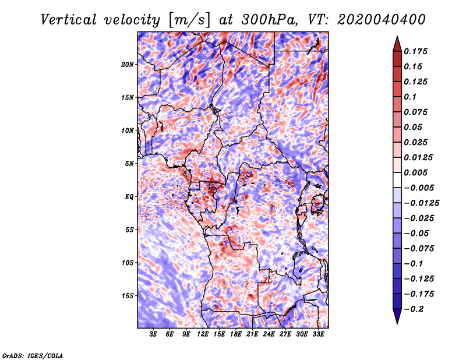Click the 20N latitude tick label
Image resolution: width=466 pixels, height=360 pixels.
click(128, 65)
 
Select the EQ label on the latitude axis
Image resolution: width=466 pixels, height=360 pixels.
click(129, 197)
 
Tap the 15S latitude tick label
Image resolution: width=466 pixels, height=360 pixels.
click(128, 296)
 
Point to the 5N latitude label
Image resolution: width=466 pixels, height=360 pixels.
click(129, 164)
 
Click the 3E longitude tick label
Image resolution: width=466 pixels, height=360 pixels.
click(153, 334)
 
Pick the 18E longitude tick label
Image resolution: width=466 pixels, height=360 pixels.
click(236, 334)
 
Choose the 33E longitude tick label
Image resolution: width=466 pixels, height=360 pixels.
click(318, 334)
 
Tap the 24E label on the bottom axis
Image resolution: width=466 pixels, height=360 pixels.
click(269, 334)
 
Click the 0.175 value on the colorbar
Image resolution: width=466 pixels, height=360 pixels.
click(415, 51)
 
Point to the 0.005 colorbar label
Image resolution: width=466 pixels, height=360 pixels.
click(415, 172)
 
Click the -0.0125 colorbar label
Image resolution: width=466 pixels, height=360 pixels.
click(421, 203)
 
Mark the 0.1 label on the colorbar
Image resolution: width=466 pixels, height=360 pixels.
click(410, 97)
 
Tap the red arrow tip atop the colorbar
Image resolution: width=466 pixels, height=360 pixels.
click(397, 36)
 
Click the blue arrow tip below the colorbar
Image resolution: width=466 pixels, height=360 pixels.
click(397, 323)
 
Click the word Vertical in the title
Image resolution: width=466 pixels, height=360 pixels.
click(69, 20)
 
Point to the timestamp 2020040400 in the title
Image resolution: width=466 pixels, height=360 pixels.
click(382, 20)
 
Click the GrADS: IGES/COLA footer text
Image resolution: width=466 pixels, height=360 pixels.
click(33, 355)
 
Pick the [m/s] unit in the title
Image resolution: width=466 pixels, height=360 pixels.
click(189, 20)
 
